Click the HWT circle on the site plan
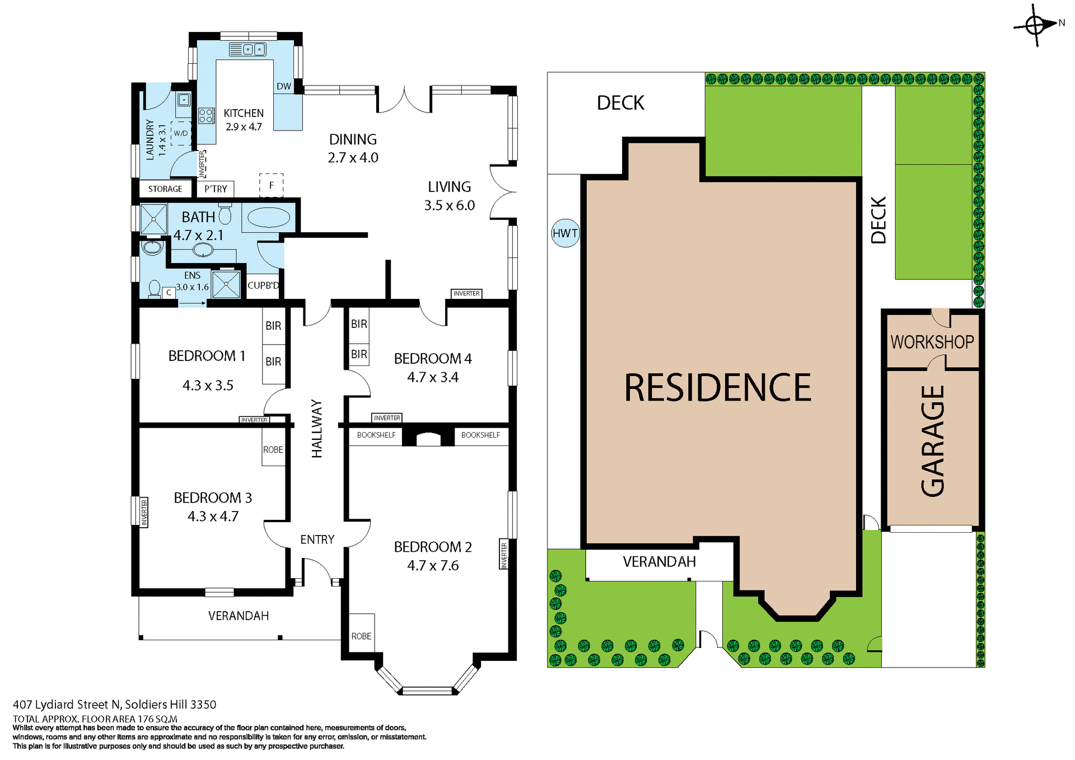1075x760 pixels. (565, 233)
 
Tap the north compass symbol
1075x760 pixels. (1035, 26)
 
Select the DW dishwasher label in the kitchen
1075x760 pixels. (284, 86)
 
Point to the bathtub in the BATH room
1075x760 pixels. (269, 218)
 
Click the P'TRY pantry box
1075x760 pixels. (216, 189)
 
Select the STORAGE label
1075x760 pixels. (165, 189)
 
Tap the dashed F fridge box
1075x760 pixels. (272, 185)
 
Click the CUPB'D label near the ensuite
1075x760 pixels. (263, 285)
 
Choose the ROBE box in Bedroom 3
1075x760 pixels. (273, 449)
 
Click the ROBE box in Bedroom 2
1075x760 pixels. (361, 636)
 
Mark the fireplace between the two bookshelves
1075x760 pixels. (428, 438)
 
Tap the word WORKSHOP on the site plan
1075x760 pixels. (932, 342)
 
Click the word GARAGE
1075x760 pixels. (933, 441)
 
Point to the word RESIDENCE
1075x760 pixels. (718, 388)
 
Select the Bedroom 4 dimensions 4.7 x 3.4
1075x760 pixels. (432, 377)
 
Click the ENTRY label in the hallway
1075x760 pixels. (317, 539)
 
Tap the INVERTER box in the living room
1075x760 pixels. (466, 293)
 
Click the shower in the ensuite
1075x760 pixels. (226, 284)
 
